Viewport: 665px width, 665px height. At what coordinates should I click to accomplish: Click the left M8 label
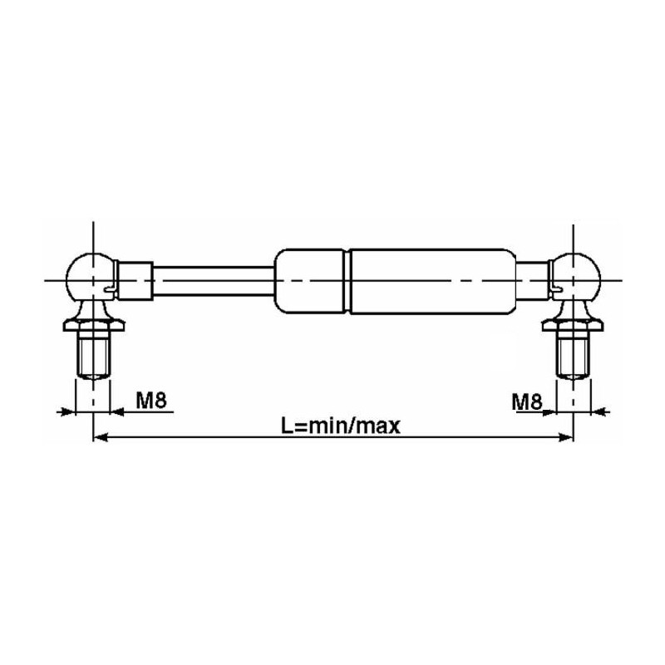pos(151,400)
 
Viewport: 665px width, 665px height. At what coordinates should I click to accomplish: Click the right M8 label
pos(527,401)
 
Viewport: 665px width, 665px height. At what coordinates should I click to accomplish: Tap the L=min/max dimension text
pos(341,426)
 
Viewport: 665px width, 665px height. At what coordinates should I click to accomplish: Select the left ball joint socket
pos(90,277)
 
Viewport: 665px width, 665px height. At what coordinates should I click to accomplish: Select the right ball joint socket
pos(575,277)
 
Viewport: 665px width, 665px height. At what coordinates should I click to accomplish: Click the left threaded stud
pos(94,355)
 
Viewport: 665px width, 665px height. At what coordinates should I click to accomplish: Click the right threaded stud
pos(574,355)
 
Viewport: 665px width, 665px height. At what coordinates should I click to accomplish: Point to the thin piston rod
pos(214,280)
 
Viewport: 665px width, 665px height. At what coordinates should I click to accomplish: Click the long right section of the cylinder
pos(433,281)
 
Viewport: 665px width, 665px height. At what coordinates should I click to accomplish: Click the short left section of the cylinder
pos(309,281)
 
